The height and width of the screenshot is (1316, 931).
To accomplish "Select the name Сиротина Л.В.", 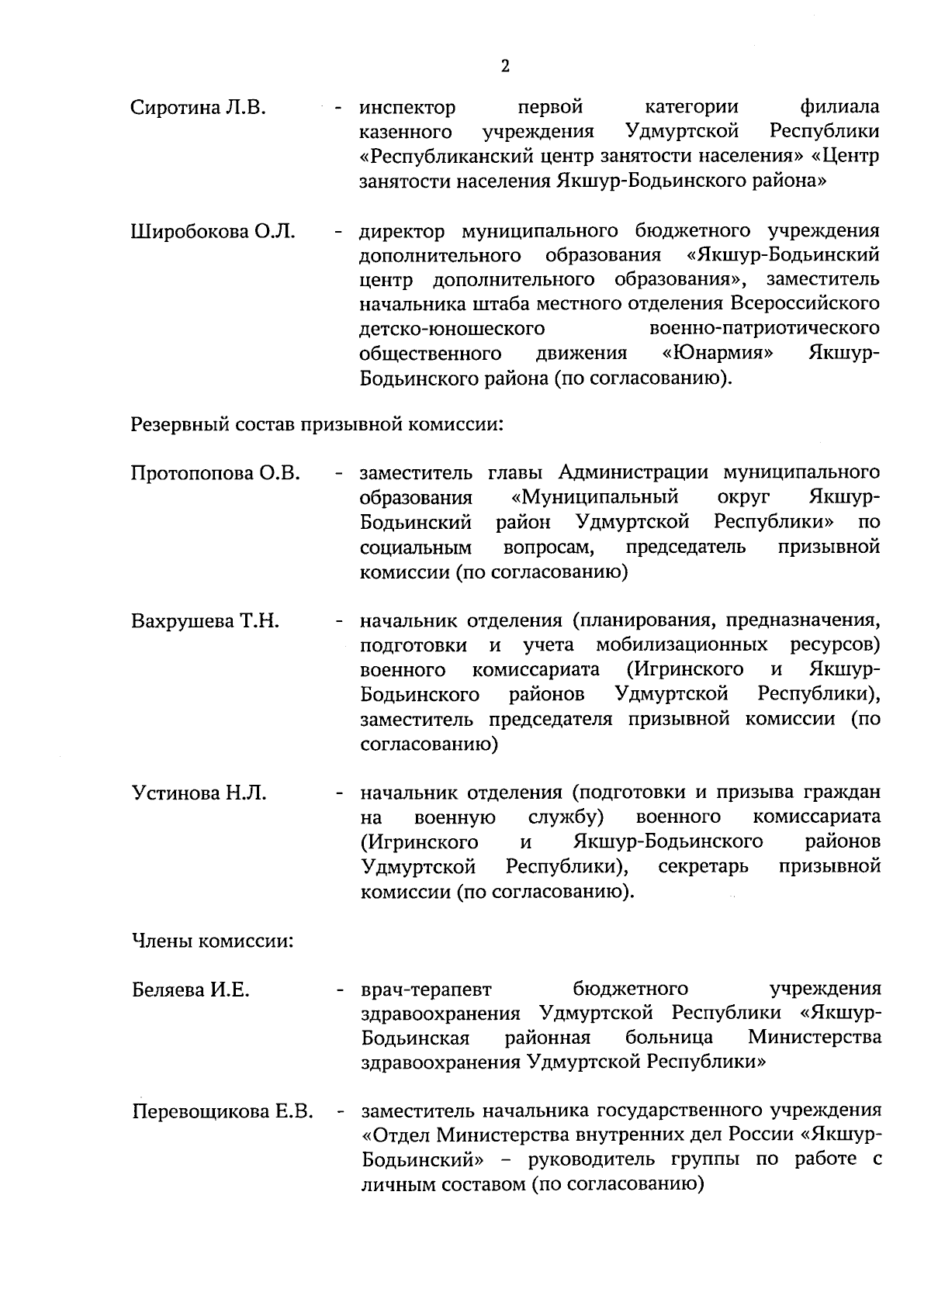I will coord(199,107).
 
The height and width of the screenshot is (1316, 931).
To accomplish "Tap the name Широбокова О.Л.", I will coord(213,231).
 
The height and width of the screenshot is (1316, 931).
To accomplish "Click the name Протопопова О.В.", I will coord(216,472).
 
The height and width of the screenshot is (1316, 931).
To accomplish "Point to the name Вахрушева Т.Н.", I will coord(206,621).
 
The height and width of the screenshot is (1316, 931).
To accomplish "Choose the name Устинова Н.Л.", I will coord(199,793).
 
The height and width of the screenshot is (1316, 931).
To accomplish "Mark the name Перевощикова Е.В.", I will coord(222,1112).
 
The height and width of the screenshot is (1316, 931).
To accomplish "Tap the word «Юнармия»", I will coord(718,354).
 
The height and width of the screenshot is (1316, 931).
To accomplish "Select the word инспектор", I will coord(407,107).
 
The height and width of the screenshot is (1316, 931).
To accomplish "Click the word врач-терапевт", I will coord(427,990).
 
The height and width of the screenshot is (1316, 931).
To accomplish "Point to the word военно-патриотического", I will coord(763,329).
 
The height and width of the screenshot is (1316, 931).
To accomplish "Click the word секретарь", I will coord(703,866).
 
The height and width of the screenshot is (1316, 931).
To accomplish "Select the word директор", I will coord(403,231).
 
